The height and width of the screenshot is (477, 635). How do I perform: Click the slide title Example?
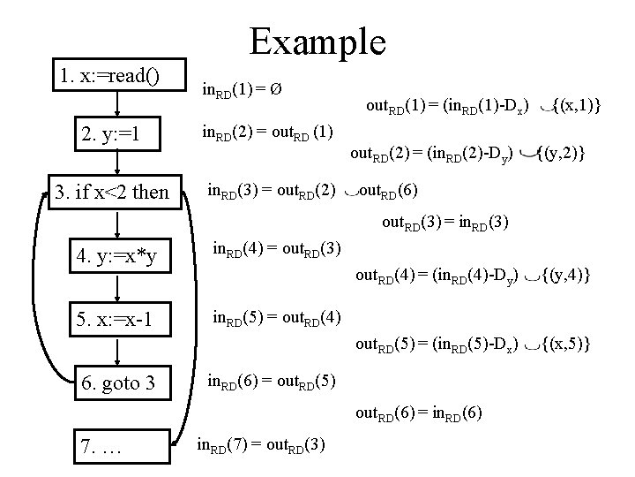[317, 41]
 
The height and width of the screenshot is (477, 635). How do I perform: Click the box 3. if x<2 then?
[112, 192]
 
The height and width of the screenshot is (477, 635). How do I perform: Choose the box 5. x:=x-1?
[119, 318]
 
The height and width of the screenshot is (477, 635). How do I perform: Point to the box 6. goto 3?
[119, 384]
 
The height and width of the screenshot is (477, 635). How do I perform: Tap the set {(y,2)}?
[561, 155]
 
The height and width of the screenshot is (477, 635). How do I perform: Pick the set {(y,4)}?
[565, 276]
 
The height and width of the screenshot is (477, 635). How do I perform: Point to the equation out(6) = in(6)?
[419, 413]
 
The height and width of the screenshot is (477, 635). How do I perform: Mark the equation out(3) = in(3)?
[444, 223]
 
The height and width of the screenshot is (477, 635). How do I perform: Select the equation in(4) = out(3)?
[278, 250]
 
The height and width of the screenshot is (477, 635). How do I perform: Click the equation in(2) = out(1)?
[267, 134]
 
